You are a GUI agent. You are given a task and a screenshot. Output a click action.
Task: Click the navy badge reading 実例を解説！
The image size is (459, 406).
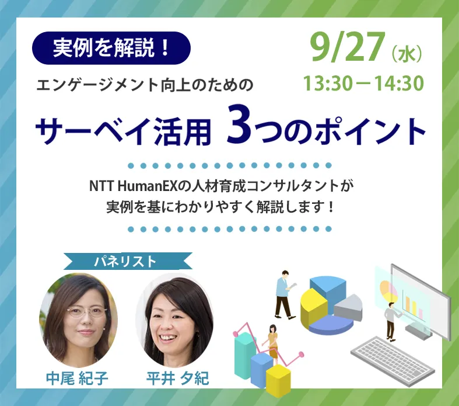111,48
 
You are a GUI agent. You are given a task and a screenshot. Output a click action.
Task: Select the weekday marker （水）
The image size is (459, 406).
406,56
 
